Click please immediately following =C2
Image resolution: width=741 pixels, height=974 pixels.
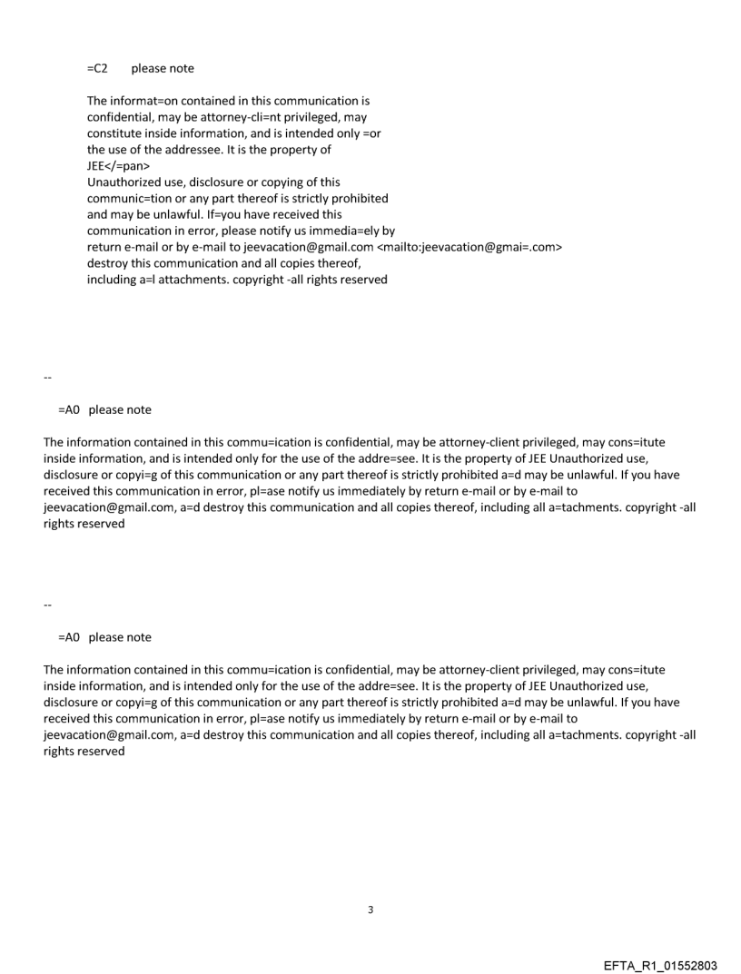click(x=150, y=68)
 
